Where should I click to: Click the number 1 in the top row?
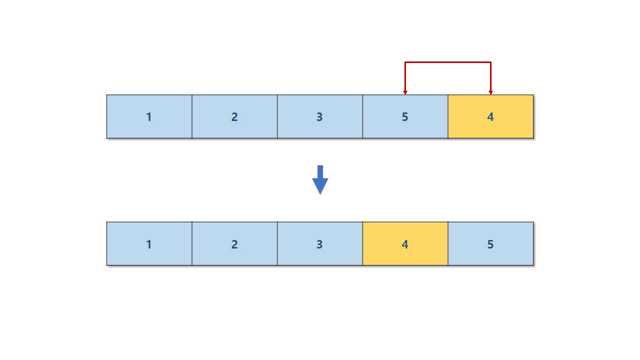pyautogui.click(x=149, y=117)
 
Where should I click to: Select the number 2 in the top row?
pyautogui.click(x=234, y=117)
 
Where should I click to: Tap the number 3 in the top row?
pyautogui.click(x=319, y=117)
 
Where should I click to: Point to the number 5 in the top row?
pyautogui.click(x=405, y=117)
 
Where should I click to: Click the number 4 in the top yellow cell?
pyautogui.click(x=490, y=117)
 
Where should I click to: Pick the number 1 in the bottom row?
pyautogui.click(x=149, y=244)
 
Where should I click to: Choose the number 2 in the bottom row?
pyautogui.click(x=234, y=244)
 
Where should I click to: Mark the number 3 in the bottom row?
pyautogui.click(x=319, y=244)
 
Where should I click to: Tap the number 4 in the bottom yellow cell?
pyautogui.click(x=405, y=244)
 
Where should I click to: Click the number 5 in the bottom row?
pyautogui.click(x=490, y=244)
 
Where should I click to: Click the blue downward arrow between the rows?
pyautogui.click(x=320, y=180)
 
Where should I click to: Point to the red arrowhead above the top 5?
pyautogui.click(x=405, y=92)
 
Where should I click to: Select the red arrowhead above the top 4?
pyautogui.click(x=490, y=92)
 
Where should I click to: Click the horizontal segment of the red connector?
pyautogui.click(x=448, y=62)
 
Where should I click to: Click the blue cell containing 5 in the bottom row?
pyautogui.click(x=510, y=255)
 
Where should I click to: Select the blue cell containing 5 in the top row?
pyautogui.click(x=425, y=127)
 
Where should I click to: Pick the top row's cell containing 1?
pyautogui.click(x=130, y=127)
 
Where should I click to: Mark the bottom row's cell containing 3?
pyautogui.click(x=300, y=255)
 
